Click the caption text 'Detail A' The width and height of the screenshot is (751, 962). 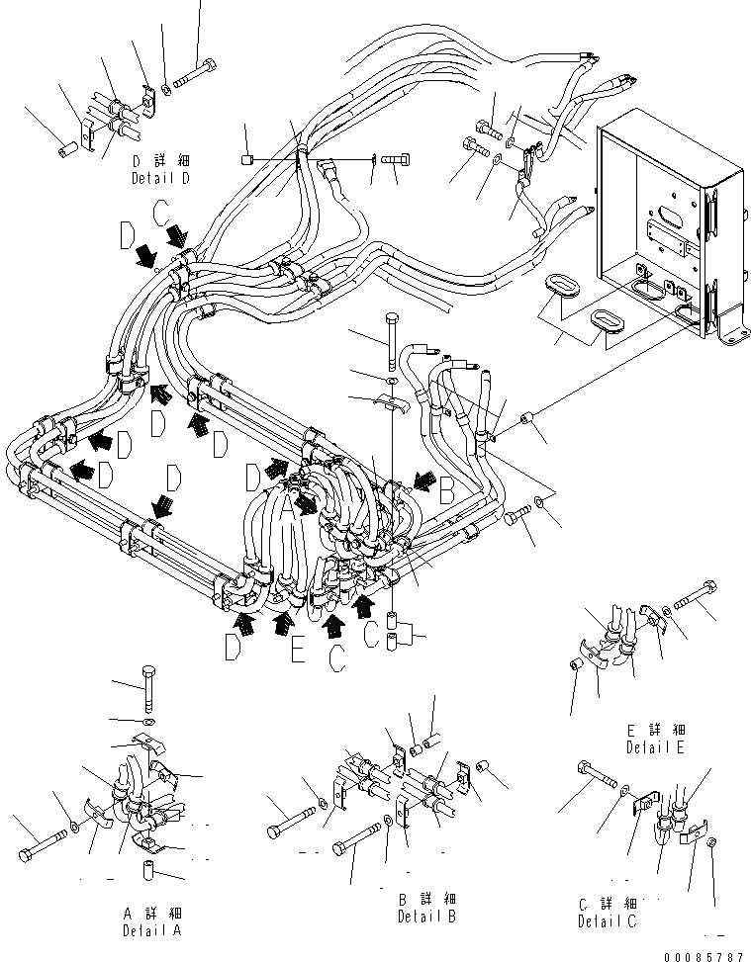[152, 930]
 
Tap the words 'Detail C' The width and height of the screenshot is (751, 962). [609, 921]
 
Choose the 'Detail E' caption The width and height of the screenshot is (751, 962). [655, 747]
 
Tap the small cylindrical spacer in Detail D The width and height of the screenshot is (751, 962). [68, 153]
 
